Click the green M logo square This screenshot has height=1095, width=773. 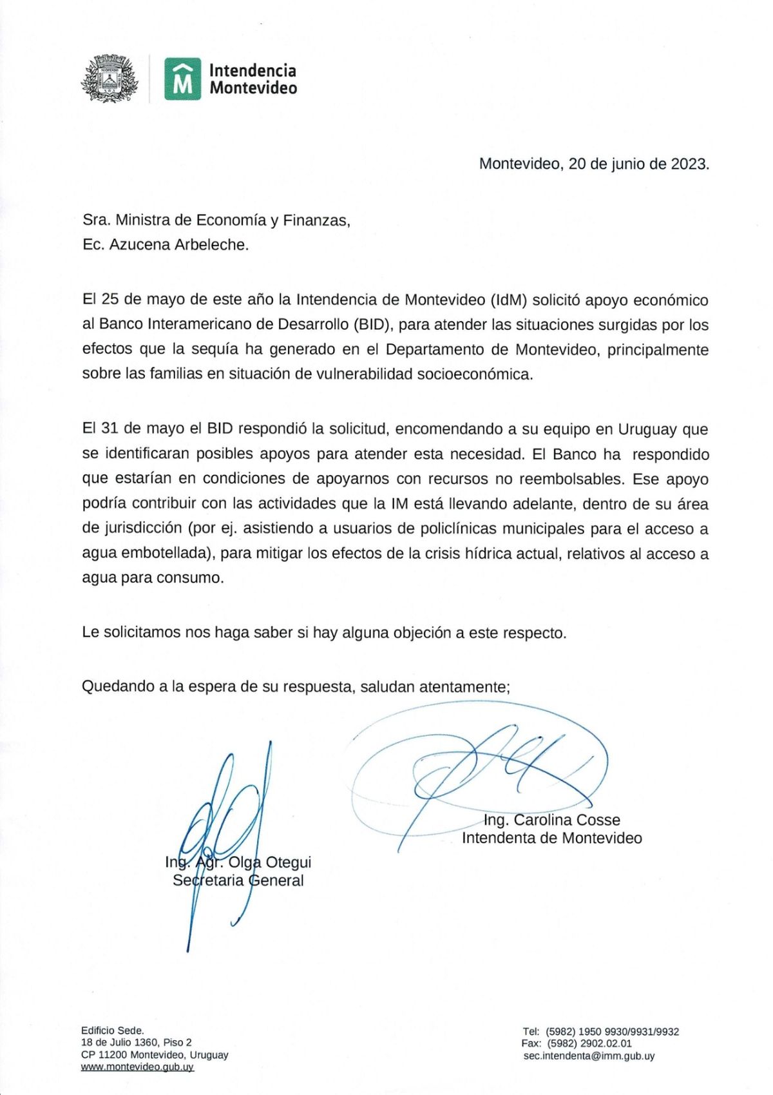[x=182, y=79]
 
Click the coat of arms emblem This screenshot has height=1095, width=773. [x=110, y=79]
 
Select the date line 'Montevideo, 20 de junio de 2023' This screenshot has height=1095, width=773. [x=593, y=164]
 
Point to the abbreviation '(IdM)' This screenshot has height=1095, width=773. [x=509, y=300]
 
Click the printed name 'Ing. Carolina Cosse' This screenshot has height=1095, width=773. [x=551, y=820]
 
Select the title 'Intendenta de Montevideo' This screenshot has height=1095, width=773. [x=551, y=838]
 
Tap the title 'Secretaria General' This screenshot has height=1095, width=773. [x=238, y=880]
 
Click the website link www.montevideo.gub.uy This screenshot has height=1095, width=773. [x=137, y=1067]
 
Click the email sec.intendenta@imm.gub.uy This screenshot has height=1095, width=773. [x=589, y=1056]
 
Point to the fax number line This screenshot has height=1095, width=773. [x=577, y=1043]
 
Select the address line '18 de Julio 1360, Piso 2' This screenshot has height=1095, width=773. [x=137, y=1042]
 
